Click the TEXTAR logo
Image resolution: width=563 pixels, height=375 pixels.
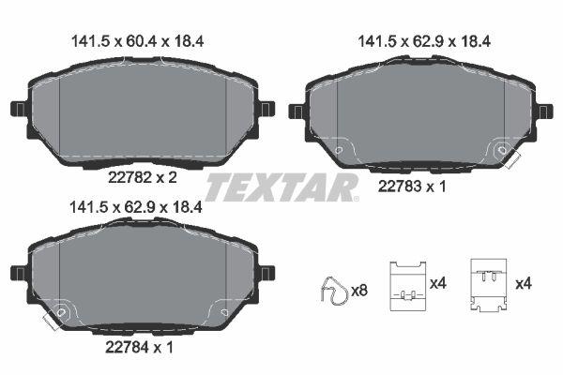(281, 187)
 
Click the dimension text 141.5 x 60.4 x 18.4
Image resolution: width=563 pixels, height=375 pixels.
(139, 40)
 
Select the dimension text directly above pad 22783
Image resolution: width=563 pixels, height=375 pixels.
(424, 40)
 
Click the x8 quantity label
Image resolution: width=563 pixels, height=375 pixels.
(358, 292)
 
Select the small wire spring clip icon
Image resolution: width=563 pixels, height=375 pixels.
(332, 291)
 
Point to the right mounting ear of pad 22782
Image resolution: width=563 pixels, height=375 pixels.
(265, 109)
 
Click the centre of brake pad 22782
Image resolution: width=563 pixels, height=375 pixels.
(141, 111)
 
